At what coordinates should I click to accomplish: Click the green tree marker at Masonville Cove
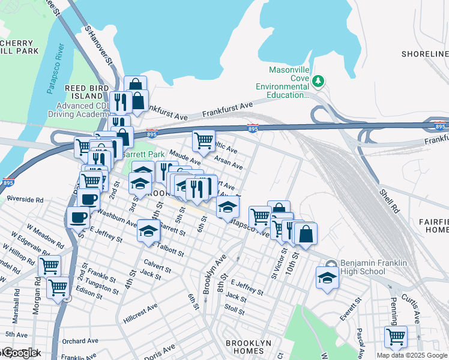coord(319,80)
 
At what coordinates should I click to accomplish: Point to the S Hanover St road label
coord(98,44)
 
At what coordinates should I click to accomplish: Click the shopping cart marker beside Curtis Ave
coord(396,337)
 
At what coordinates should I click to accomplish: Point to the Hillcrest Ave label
coord(140,309)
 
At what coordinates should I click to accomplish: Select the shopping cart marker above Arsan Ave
coord(203,141)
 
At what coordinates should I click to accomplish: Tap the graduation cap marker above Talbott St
coord(148,231)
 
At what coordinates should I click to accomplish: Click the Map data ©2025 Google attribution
coord(412,355)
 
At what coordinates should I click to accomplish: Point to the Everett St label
coord(348,314)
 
